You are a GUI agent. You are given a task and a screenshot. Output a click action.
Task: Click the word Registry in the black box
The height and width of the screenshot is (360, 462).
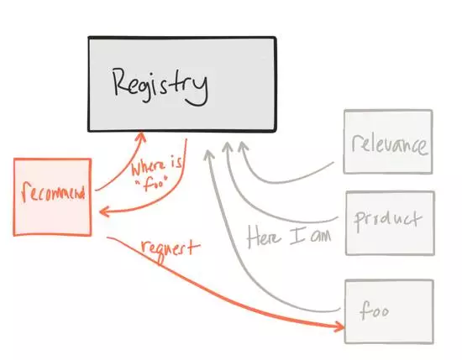click(x=160, y=86)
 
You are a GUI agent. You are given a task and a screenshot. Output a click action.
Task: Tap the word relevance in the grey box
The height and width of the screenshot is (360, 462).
click(x=389, y=145)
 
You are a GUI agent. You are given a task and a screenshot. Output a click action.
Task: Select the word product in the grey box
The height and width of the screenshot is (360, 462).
click(x=388, y=221)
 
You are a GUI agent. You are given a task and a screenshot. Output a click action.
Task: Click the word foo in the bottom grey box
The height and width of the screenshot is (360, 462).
click(x=374, y=310)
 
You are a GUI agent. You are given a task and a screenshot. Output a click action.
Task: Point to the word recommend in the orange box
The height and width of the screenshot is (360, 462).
click(x=53, y=192)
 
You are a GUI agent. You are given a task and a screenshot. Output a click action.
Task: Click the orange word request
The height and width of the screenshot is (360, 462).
click(x=171, y=251)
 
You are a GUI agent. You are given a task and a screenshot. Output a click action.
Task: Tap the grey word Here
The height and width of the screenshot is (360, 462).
click(x=264, y=237)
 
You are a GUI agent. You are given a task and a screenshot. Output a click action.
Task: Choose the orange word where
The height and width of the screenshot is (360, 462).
click(x=149, y=170)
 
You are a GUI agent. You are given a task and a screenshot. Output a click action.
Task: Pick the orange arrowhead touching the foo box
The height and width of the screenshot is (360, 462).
click(x=339, y=326)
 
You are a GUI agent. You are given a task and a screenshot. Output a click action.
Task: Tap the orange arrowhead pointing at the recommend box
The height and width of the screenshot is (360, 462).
click(x=104, y=211)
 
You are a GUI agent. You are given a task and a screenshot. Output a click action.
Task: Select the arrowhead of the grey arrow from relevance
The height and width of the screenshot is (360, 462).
click(x=243, y=146)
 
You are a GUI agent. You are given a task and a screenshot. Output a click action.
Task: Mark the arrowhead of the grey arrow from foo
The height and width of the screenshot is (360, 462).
click(x=209, y=155)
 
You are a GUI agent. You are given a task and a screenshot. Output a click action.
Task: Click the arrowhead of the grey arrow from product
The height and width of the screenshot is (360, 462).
click(x=227, y=147)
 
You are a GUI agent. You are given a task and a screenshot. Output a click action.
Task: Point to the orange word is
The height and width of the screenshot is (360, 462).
click(x=176, y=163)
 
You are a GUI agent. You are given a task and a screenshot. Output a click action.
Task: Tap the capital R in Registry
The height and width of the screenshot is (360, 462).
click(x=120, y=81)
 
